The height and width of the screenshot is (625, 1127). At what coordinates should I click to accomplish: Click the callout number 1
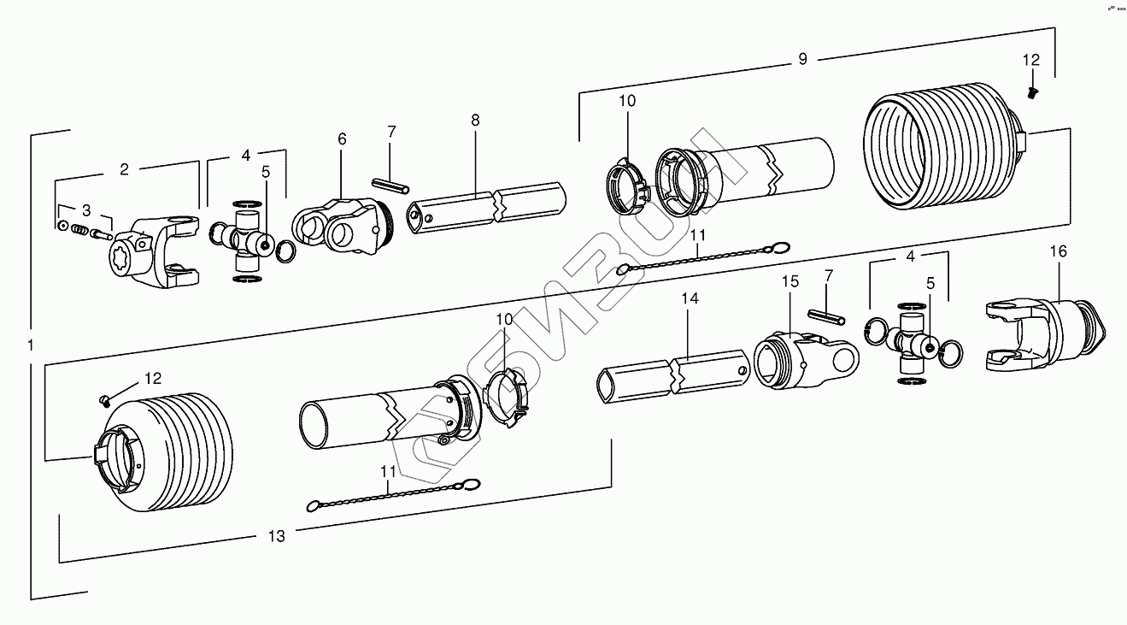[30, 345]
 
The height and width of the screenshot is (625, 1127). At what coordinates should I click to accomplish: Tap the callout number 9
[802, 59]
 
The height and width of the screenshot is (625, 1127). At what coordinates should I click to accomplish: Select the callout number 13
[276, 536]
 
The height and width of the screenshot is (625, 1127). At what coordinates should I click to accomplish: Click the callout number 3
[85, 209]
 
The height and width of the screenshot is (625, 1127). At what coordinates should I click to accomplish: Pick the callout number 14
[690, 298]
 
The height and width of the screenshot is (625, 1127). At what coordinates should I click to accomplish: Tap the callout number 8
[475, 121]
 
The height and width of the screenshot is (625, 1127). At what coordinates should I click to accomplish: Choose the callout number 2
[124, 169]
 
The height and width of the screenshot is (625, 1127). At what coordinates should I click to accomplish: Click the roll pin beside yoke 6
[390, 186]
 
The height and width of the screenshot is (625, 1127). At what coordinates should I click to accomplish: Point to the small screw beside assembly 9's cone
[1031, 91]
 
